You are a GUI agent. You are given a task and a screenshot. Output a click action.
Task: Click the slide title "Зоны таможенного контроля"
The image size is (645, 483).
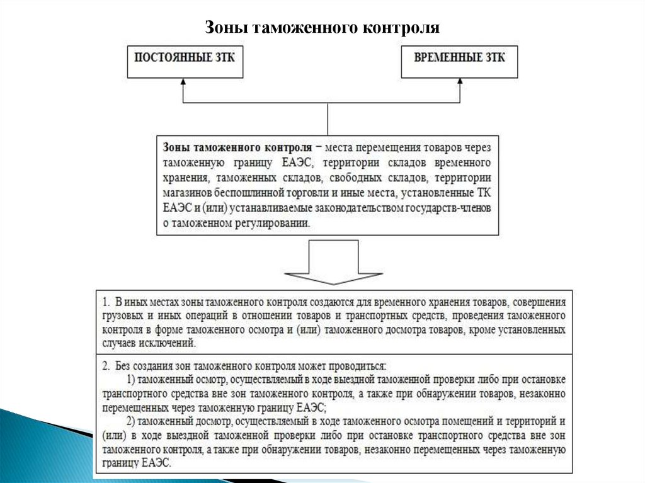pyautogui.click(x=322, y=28)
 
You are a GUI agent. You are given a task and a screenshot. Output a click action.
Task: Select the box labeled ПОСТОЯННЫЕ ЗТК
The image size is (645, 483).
pyautogui.click(x=185, y=61)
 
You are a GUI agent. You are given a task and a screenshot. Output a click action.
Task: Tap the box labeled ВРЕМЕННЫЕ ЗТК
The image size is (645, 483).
pyautogui.click(x=460, y=61)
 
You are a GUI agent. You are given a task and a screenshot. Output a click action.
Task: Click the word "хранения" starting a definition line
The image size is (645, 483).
pyautogui.click(x=183, y=178)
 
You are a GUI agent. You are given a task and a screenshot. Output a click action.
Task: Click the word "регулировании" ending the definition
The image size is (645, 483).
pyautogui.click(x=276, y=222)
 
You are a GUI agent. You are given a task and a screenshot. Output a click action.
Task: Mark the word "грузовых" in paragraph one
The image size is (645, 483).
pyautogui.click(x=120, y=315)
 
